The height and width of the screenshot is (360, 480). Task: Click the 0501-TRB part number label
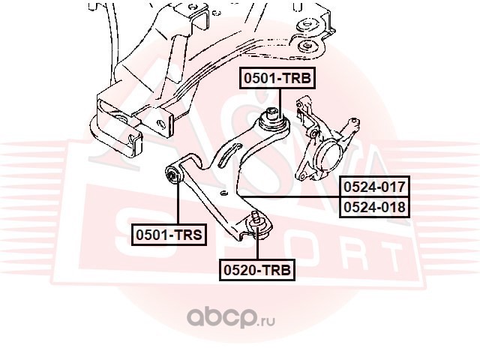tap(275, 78)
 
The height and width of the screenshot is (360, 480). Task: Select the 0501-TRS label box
tap(169, 235)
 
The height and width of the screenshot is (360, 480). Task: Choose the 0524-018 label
tap(374, 206)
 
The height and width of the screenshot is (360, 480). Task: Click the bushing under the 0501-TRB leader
tap(272, 118)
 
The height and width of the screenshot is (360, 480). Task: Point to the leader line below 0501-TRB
tap(278, 99)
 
